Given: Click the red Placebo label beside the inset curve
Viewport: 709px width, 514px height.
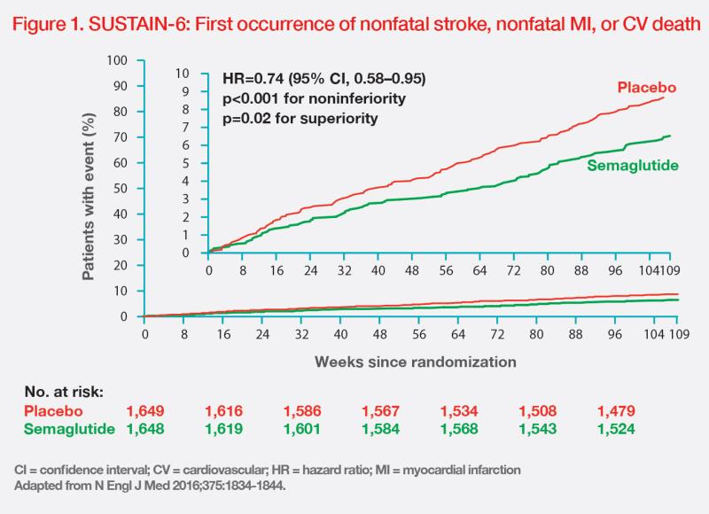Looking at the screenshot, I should coord(647,88).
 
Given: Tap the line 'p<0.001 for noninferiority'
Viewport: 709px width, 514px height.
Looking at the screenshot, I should coord(301,97).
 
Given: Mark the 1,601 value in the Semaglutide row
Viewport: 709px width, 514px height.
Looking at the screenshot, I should coord(303,430).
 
